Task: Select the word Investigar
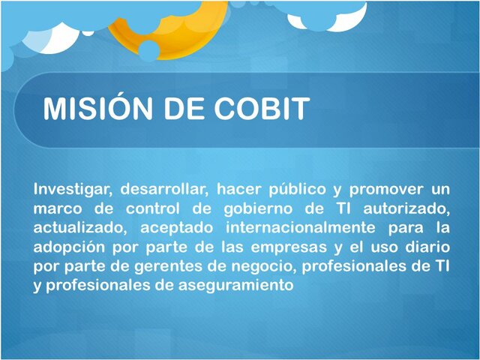coord(72,188)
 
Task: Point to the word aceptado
coord(182,227)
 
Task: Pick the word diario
coord(426,247)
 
